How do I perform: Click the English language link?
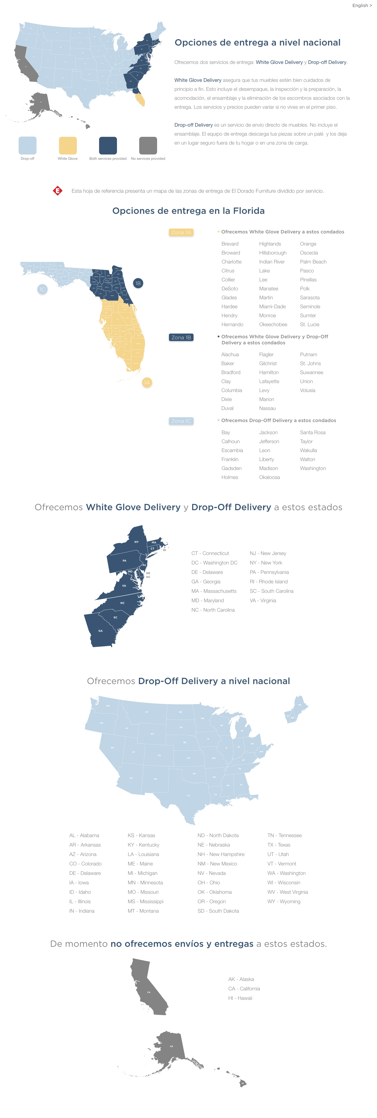(x=361, y=6)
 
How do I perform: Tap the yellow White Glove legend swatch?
(x=68, y=145)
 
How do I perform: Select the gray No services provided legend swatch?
(x=148, y=145)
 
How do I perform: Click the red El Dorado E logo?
(x=57, y=191)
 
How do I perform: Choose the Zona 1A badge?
(x=181, y=232)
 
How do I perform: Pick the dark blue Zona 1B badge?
(x=181, y=337)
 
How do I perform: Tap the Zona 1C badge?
(x=181, y=421)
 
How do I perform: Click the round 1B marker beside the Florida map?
(x=138, y=283)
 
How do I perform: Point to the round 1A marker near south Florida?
(x=147, y=382)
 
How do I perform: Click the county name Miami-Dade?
(x=272, y=306)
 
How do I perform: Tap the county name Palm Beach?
(x=313, y=262)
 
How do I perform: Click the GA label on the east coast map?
(x=101, y=631)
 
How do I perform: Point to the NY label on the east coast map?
(x=137, y=542)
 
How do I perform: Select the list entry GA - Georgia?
(x=206, y=582)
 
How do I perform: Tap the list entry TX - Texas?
(x=279, y=845)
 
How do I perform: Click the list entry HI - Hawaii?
(x=240, y=998)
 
